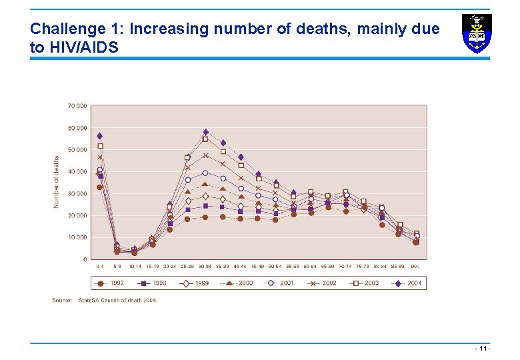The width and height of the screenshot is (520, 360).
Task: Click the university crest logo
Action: (x=477, y=33)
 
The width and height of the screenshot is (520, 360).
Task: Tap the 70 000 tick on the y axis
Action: (x=77, y=106)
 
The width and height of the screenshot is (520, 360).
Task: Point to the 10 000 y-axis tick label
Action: (x=77, y=237)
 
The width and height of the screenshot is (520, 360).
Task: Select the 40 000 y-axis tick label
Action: (x=77, y=171)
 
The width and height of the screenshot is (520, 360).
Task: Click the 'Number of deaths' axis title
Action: (x=56, y=181)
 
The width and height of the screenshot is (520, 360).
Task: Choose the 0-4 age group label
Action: (x=100, y=267)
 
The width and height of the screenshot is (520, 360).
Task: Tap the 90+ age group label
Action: (x=416, y=267)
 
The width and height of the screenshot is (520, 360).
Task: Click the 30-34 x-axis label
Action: (x=205, y=267)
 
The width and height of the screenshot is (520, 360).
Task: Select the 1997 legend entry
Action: (x=111, y=283)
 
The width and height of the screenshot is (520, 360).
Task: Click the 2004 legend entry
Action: (x=409, y=283)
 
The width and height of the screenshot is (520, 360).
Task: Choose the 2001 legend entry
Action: (x=280, y=283)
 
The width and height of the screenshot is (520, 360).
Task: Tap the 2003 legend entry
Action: (x=365, y=283)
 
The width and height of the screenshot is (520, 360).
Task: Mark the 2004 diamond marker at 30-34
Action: (x=205, y=132)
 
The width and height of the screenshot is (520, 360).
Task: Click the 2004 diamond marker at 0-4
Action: (x=100, y=136)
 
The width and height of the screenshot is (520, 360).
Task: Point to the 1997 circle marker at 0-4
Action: (x=100, y=187)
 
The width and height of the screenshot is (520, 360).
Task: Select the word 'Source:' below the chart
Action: (x=62, y=301)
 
